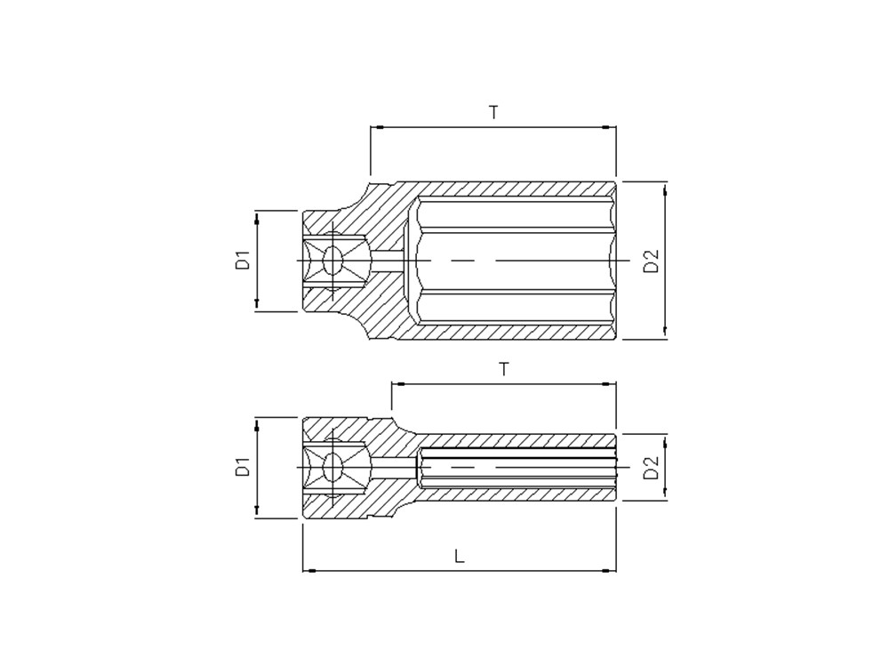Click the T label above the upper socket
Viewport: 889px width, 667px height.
pyautogui.click(x=493, y=112)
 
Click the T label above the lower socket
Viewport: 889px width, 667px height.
pyautogui.click(x=503, y=369)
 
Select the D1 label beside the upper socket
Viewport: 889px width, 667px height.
pyautogui.click(x=244, y=261)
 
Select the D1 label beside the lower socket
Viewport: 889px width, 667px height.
pyautogui.click(x=244, y=468)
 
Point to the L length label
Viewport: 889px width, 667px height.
pyautogui.click(x=460, y=555)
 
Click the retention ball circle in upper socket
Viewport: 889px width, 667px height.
pyautogui.click(x=332, y=261)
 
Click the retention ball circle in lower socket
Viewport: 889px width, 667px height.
pyautogui.click(x=332, y=468)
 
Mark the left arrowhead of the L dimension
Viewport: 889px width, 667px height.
pyautogui.click(x=308, y=570)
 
